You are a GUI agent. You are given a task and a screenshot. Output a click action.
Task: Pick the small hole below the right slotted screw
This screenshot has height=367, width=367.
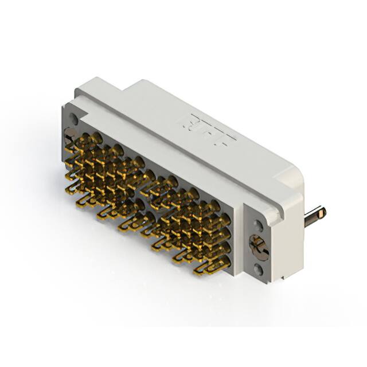point(259,267)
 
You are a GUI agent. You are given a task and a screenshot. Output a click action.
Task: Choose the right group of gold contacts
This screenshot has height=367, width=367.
point(189,224)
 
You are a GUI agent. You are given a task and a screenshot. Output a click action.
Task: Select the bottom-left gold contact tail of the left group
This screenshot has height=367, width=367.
point(86,198)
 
